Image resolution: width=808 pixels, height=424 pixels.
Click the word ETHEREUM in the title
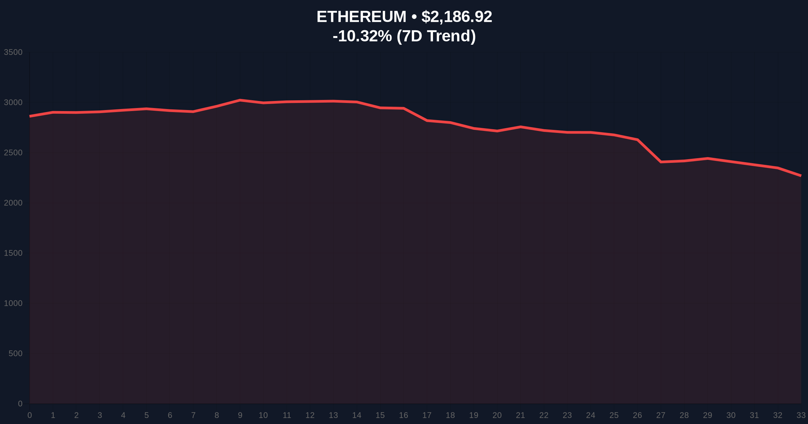[361, 17]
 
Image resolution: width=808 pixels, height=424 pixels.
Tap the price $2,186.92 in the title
[457, 17]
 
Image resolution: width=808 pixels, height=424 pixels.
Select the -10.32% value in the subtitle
[362, 36]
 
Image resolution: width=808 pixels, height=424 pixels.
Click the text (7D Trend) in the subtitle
[436, 36]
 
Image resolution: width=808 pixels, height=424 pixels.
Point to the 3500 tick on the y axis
[13, 52]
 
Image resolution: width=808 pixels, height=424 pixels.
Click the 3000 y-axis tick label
[13, 103]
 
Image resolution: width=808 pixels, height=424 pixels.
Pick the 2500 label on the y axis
[13, 153]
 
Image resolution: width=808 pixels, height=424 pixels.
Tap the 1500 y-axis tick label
[13, 253]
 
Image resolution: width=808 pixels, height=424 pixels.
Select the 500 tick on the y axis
[15, 353]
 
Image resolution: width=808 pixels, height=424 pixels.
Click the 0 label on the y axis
[20, 403]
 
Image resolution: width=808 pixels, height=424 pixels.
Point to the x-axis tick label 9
[240, 415]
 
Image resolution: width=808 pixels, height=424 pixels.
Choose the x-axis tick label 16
[403, 415]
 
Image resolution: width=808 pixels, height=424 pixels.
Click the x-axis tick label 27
[661, 415]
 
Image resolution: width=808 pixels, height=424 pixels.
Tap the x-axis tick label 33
[801, 415]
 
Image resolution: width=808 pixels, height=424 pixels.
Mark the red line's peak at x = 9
[240, 100]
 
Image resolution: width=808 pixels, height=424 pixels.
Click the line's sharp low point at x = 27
[661, 162]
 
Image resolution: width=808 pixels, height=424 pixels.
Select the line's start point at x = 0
[30, 116]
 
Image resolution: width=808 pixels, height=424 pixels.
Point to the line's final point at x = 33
[801, 176]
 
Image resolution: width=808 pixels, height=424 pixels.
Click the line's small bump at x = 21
[520, 127]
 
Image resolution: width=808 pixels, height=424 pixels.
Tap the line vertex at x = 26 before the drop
[637, 139]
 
